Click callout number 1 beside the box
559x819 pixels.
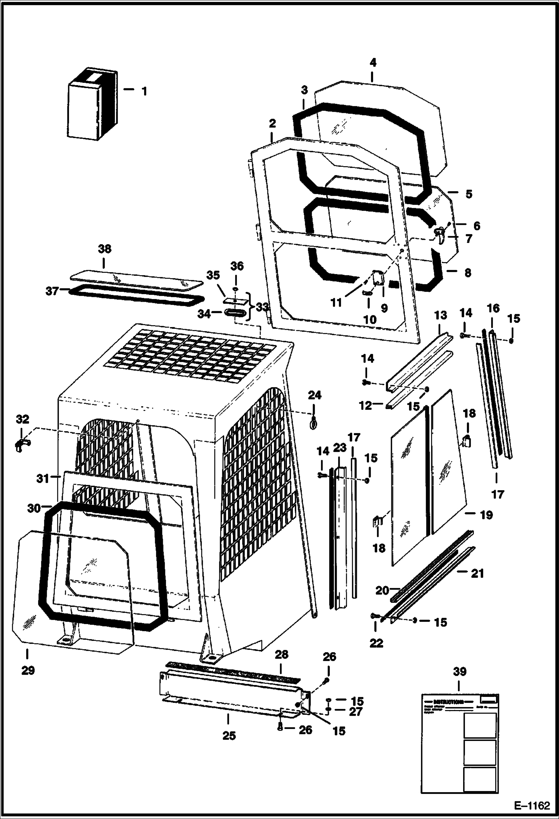click(144, 91)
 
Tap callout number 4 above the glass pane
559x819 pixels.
click(373, 63)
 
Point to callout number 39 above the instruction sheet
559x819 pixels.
click(460, 672)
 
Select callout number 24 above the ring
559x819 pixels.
click(314, 395)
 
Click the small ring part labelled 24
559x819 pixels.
click(313, 423)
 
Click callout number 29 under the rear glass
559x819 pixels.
click(28, 670)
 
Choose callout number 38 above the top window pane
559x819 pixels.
click(104, 249)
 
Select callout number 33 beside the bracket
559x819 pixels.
click(262, 307)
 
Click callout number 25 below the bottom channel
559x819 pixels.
click(229, 736)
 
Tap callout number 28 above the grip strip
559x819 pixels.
click(282, 654)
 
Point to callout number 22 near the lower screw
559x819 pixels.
click(376, 643)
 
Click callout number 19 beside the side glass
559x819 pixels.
click(486, 515)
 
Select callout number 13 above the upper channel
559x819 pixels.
click(440, 315)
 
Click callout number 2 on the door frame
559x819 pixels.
click(272, 123)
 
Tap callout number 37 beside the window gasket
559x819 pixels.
click(52, 291)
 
